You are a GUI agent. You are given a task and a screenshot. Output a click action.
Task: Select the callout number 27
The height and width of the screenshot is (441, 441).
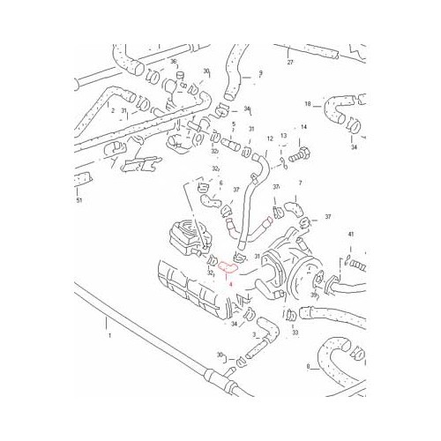tap(289, 63)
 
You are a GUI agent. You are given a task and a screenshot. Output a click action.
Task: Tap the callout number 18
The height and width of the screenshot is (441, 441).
tap(309, 104)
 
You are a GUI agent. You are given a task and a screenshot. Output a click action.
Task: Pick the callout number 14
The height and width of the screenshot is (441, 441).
tap(303, 127)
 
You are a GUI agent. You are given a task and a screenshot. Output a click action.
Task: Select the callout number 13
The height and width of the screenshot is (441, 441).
tap(283, 136)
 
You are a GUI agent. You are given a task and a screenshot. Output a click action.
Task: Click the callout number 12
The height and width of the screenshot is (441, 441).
tap(270, 138)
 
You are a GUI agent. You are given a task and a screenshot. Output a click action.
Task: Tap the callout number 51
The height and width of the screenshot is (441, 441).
tap(79, 201)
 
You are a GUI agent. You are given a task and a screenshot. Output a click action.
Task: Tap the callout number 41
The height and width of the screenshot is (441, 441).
tap(350, 234)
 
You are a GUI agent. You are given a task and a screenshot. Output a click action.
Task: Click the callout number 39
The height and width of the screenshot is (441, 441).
tap(311, 295)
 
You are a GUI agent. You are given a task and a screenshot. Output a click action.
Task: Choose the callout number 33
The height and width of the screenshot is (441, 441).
tap(295, 333)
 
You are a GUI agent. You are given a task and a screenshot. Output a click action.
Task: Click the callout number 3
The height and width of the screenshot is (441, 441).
tap(254, 335)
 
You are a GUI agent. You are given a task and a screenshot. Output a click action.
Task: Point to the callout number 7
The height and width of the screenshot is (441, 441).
tap(300, 183)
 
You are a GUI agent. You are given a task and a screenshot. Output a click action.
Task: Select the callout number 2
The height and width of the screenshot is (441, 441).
tap(112, 110)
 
